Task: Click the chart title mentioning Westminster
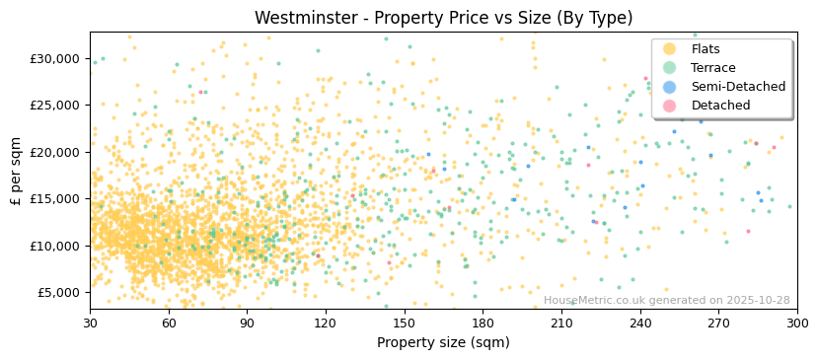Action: pos(443,18)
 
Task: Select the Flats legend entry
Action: pos(705,49)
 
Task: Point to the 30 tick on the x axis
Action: pos(90,324)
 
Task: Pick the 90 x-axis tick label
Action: pos(247,324)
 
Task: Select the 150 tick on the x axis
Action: pos(404,324)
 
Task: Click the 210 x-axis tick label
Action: pos(561,324)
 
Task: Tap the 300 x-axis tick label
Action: pos(797,324)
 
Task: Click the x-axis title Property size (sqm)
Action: pos(443,343)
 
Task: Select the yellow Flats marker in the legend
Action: pos(669,49)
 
